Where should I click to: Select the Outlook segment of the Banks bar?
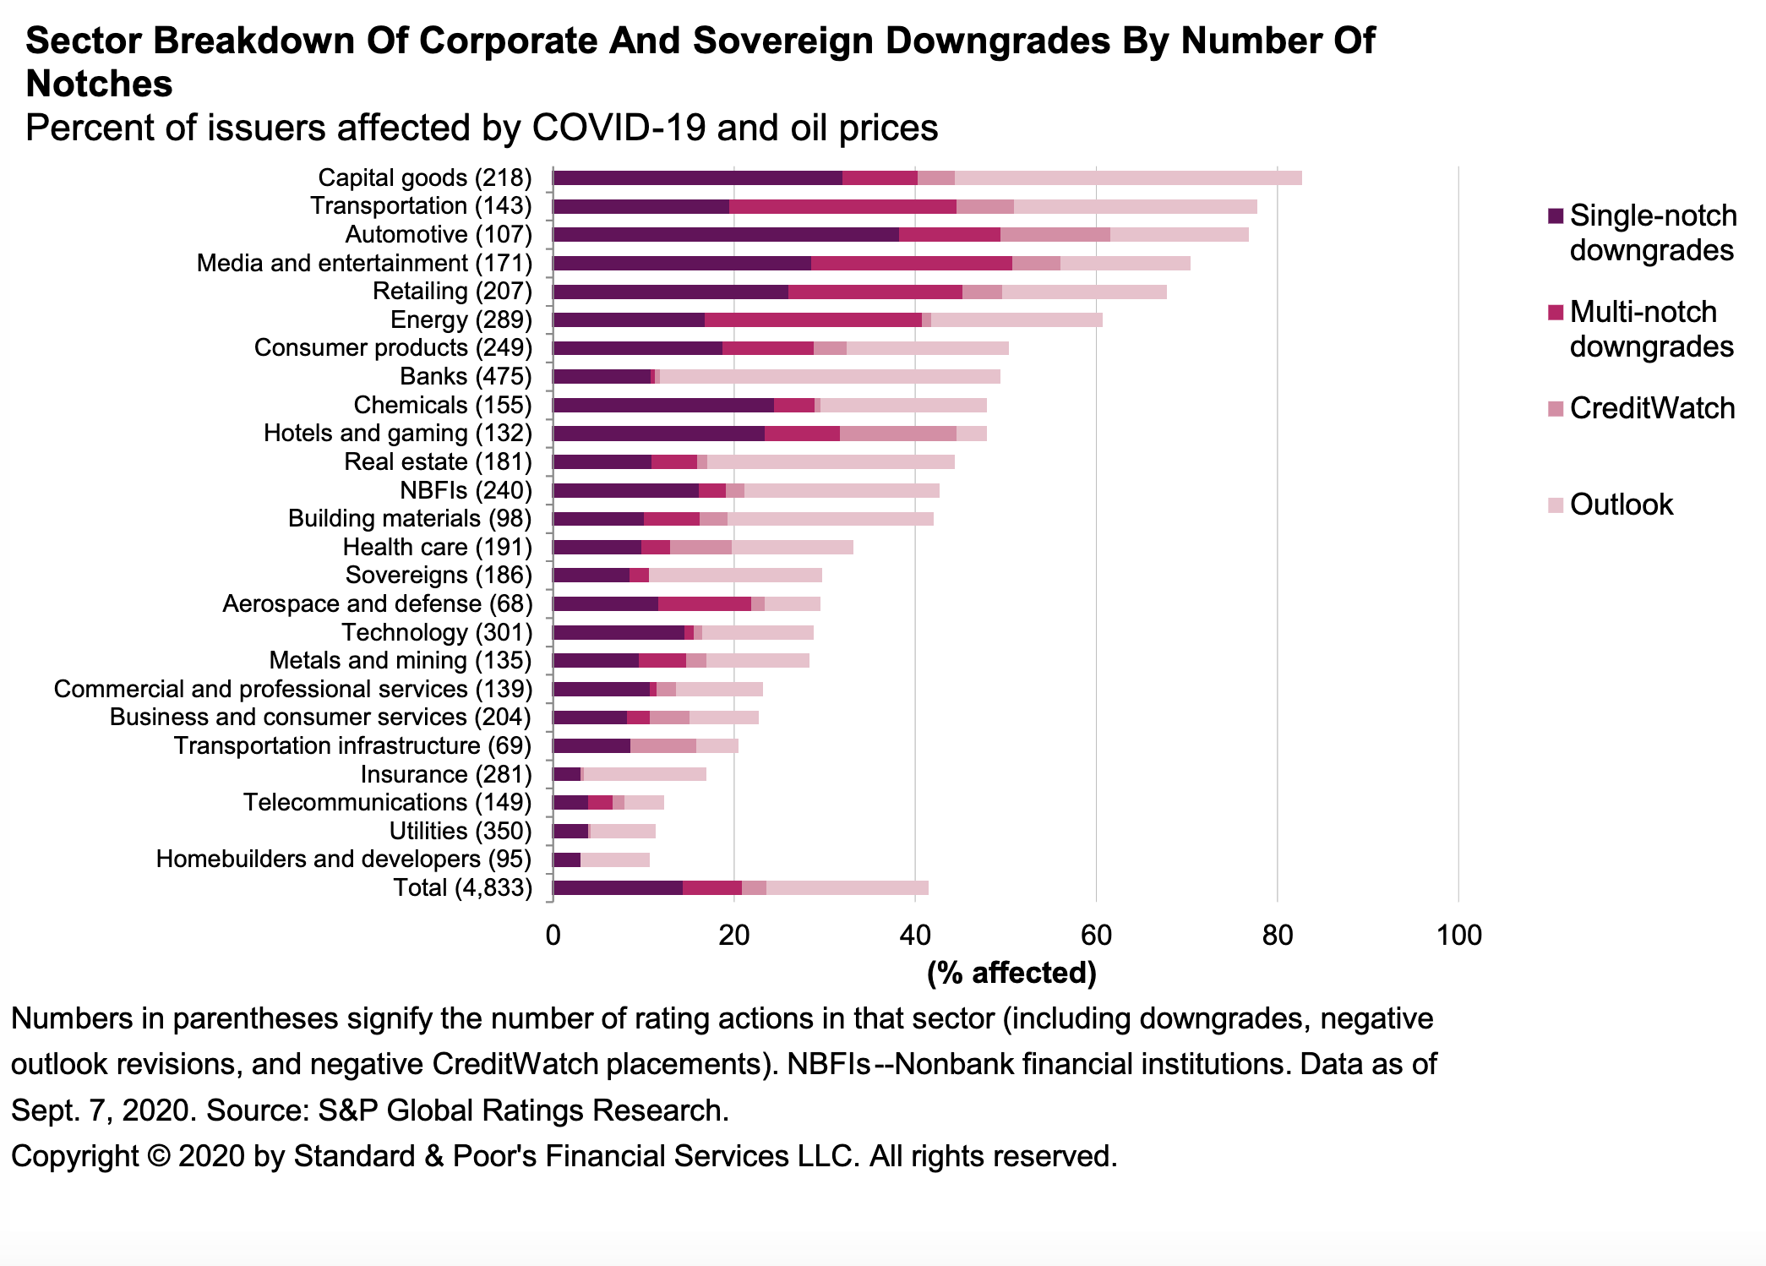(x=829, y=377)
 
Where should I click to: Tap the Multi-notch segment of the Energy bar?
(x=813, y=320)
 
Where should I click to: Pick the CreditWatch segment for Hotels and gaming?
(x=897, y=434)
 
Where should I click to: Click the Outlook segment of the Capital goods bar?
(x=1127, y=178)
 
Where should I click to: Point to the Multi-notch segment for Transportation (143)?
(x=842, y=207)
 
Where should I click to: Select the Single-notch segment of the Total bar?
(x=618, y=888)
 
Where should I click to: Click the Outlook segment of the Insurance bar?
(x=645, y=775)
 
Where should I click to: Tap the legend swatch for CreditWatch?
(x=1556, y=410)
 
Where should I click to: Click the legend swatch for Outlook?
(x=1556, y=506)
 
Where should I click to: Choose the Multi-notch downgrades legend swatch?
(x=1556, y=313)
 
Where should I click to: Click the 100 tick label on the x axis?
(x=1458, y=936)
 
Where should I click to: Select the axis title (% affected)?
(x=1011, y=974)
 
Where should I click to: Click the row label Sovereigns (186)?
(x=439, y=576)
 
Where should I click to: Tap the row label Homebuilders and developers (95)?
(x=344, y=859)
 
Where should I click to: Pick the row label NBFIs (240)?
(x=466, y=491)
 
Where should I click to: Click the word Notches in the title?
(x=99, y=84)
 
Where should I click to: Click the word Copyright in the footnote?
(x=74, y=1156)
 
